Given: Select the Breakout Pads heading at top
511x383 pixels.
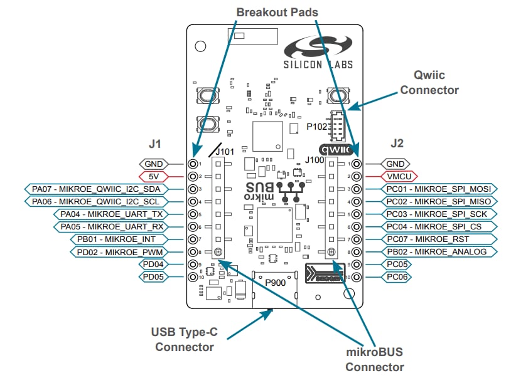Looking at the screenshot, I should (277, 13).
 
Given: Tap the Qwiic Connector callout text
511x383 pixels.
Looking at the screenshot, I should (429, 83).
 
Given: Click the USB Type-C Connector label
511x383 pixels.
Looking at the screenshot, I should (185, 339).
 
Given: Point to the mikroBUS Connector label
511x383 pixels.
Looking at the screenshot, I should (374, 360).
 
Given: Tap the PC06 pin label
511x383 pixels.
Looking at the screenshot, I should (396, 276).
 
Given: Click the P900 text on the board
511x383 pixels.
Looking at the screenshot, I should (275, 282).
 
